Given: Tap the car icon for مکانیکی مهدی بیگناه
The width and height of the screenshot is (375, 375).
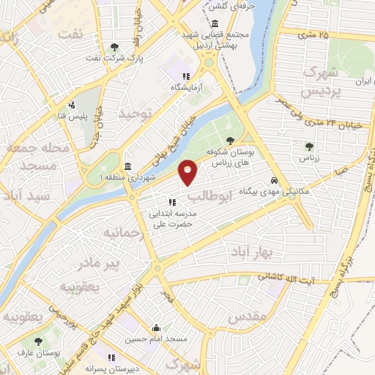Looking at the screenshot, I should tap(274, 179).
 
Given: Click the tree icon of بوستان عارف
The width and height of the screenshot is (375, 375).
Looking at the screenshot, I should tap(37, 341).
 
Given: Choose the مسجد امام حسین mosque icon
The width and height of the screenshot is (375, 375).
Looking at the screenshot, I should tap(155, 328).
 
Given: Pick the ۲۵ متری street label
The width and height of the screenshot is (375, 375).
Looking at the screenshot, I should tap(314, 34).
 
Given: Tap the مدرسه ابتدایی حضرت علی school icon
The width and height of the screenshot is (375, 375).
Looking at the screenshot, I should tap(172, 202).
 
